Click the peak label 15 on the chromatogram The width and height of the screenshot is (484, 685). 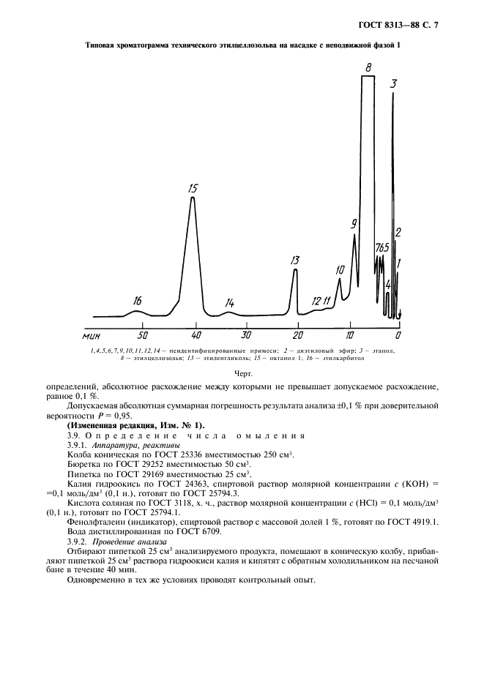pos(193,188)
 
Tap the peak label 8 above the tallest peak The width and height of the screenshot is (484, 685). pos(369,67)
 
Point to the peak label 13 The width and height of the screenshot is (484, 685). pos(295,260)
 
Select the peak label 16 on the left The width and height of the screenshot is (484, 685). pos(138,301)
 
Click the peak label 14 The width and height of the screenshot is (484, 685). pos(229,302)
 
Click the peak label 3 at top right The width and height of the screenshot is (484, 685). pos(394,83)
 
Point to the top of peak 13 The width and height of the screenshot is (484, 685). pos(295,269)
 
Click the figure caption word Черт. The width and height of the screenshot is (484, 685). pos(242,373)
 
